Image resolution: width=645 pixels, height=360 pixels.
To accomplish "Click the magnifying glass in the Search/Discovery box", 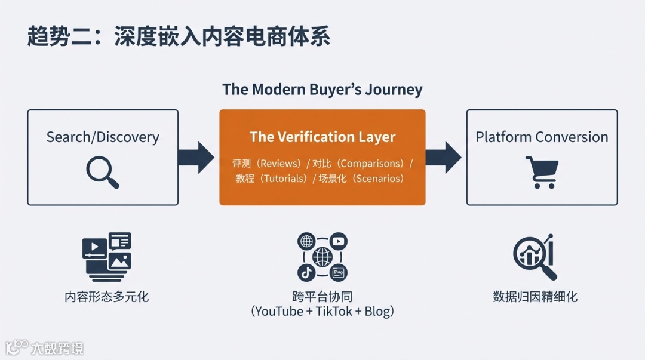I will [102, 172].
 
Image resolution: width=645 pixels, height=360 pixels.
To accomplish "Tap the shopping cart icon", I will [542, 172].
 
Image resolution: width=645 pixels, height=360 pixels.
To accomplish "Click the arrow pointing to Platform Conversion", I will [443, 158].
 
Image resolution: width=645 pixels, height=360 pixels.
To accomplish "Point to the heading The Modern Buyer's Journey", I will [322, 90].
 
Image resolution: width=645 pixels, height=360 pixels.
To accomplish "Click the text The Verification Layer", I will [322, 137].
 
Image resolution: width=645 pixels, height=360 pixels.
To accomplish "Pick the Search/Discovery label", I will [103, 137].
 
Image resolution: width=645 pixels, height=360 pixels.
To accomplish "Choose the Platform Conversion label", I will [542, 137].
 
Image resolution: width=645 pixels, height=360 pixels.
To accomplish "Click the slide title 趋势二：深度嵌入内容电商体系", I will [179, 36].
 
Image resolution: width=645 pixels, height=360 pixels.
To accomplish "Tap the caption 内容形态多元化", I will [106, 296].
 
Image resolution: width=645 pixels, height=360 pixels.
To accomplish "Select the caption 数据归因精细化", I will [535, 296].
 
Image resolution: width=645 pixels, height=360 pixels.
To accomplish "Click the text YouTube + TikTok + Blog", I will [322, 312].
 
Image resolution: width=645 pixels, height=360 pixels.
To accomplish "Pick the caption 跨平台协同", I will [322, 296].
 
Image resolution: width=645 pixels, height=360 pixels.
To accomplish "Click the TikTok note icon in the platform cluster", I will [306, 273].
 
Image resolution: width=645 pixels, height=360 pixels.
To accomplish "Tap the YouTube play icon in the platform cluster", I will [339, 242].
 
